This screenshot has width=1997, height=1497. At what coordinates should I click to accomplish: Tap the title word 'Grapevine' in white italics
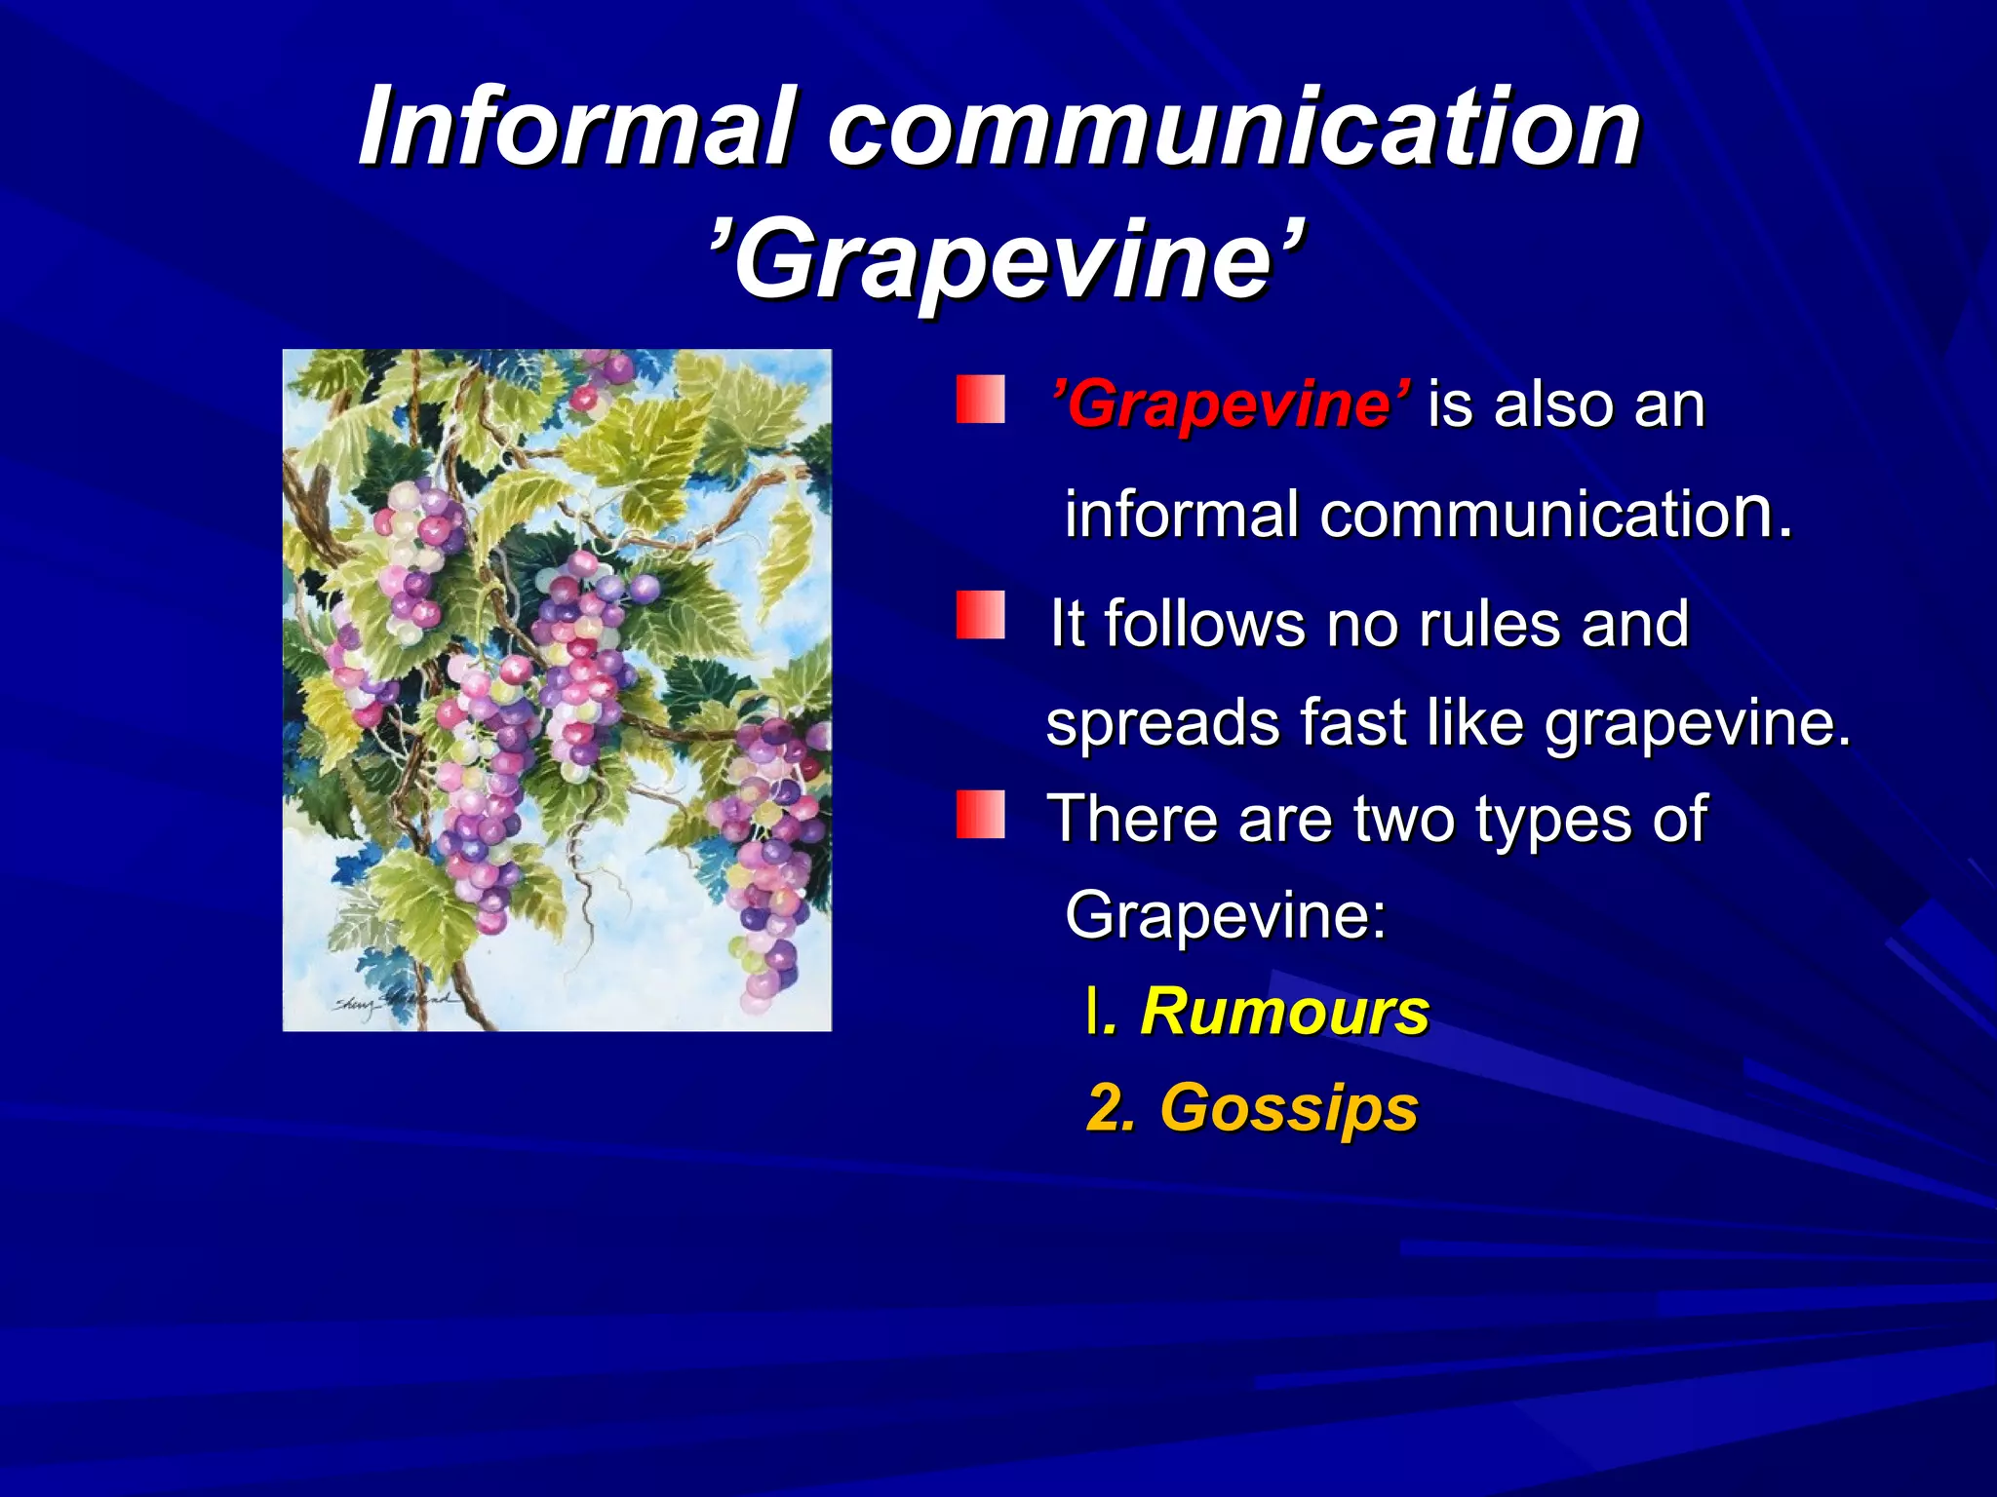[1005, 259]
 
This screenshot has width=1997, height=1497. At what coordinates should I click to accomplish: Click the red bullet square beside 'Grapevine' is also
[980, 401]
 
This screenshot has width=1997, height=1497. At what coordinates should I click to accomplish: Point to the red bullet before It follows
[980, 615]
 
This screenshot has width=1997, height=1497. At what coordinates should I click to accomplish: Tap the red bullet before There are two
[980, 815]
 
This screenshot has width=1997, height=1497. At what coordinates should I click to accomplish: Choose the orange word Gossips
[1288, 1108]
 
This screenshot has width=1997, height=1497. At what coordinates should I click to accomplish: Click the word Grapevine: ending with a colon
[1225, 915]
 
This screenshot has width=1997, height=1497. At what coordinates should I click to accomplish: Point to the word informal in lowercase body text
[1181, 515]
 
